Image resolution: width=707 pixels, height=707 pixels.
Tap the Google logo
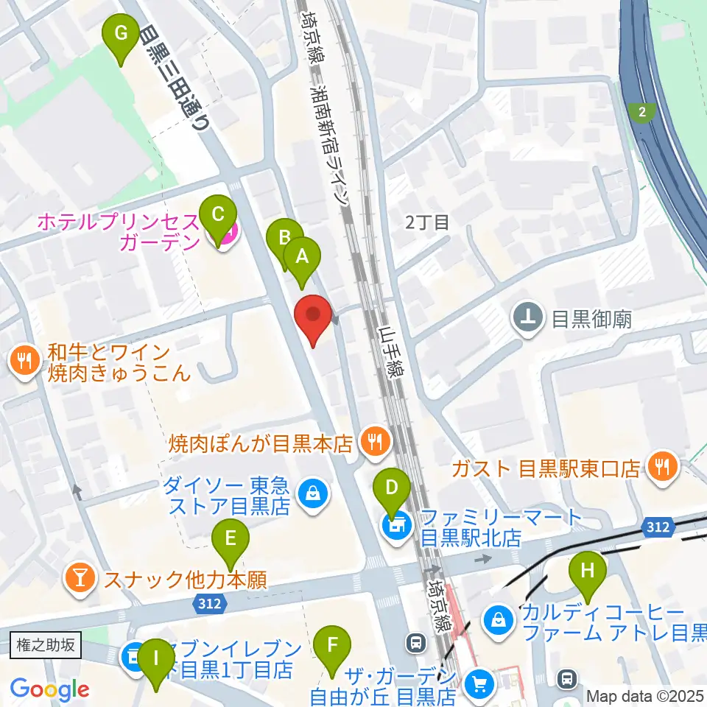coord(49,689)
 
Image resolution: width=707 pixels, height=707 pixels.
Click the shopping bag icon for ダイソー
coord(313,494)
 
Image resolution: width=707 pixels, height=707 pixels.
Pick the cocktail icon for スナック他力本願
coord(79,580)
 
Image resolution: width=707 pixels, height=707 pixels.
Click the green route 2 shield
coord(642,112)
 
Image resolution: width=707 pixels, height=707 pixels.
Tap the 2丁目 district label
coord(427,222)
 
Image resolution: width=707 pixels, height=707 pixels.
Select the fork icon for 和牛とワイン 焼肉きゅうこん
coord(24,362)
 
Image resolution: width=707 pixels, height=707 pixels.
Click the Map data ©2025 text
coord(645,695)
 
